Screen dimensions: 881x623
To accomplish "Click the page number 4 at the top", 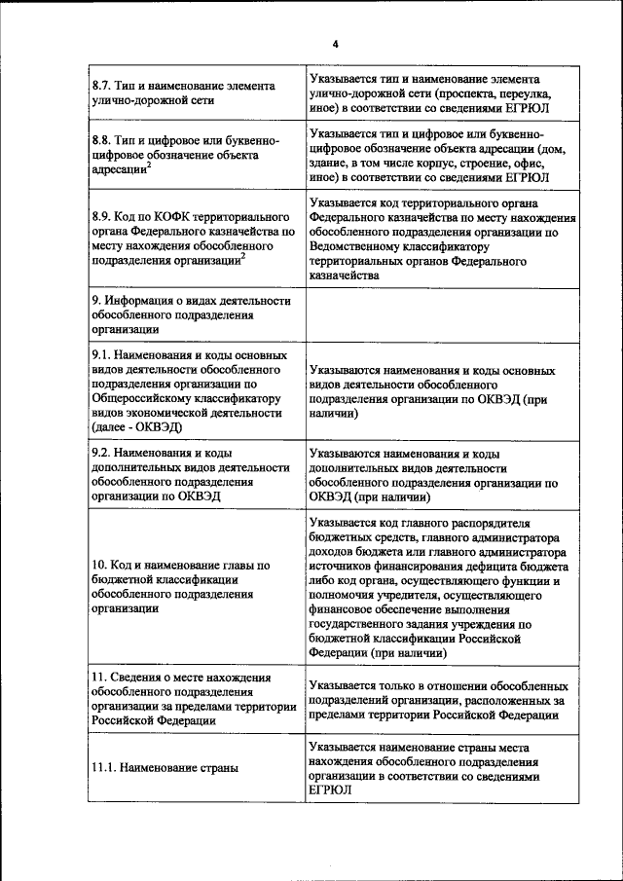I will [x=334, y=45].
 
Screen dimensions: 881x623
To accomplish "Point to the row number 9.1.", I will [x=101, y=354].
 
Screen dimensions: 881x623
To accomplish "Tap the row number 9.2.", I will [x=101, y=454].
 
